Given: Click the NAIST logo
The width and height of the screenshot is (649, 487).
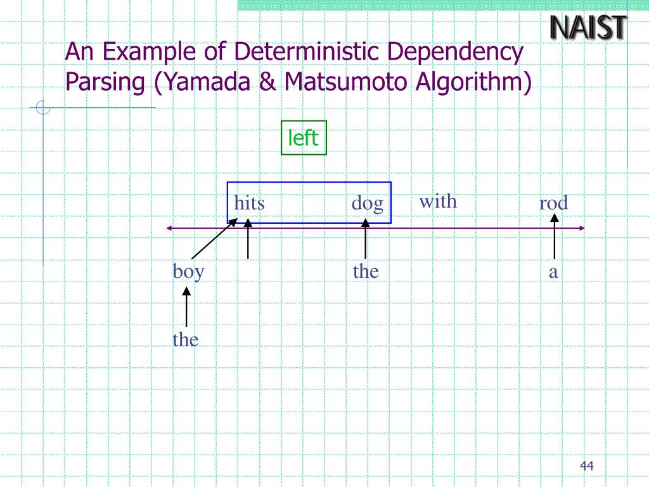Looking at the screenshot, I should (x=588, y=28).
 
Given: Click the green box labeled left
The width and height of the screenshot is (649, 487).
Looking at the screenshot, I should (x=304, y=138).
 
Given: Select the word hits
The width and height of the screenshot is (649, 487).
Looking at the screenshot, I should (x=249, y=204).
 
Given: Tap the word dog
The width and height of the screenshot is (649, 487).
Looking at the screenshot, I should (x=368, y=204).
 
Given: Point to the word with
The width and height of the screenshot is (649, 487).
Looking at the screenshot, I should (x=437, y=202).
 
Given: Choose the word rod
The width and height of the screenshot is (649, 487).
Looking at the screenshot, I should (x=553, y=204).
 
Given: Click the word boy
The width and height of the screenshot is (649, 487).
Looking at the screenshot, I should (x=188, y=272).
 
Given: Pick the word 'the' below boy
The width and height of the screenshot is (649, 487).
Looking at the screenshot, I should (x=186, y=340).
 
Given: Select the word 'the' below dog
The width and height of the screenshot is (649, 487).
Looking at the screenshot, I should (x=366, y=272).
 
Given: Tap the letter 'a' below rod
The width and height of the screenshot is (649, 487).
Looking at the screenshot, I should (x=553, y=273).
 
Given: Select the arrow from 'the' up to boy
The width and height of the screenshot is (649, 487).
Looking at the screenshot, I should (x=186, y=307).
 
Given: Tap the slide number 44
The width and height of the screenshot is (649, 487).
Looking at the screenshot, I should (x=586, y=467).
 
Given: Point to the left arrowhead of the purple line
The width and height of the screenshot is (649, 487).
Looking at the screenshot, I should (x=169, y=228).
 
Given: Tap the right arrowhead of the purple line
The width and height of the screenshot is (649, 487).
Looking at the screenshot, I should (x=582, y=228).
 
